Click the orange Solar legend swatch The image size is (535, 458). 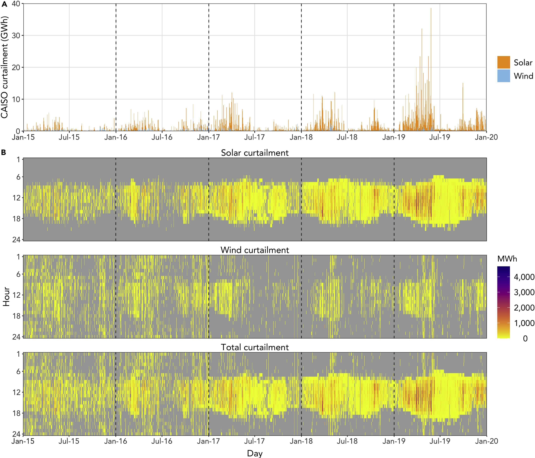tap(504, 62)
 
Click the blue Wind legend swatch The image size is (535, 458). tap(504, 76)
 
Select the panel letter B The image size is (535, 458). tap(4, 152)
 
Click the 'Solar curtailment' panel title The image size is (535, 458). tap(255, 153)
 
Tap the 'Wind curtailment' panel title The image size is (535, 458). tap(255, 250)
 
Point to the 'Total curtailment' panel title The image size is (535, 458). tap(255, 347)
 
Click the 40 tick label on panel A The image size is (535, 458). tap(16, 4)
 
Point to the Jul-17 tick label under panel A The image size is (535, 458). tap(255, 137)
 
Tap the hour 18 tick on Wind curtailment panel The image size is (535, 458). tap(16, 316)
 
